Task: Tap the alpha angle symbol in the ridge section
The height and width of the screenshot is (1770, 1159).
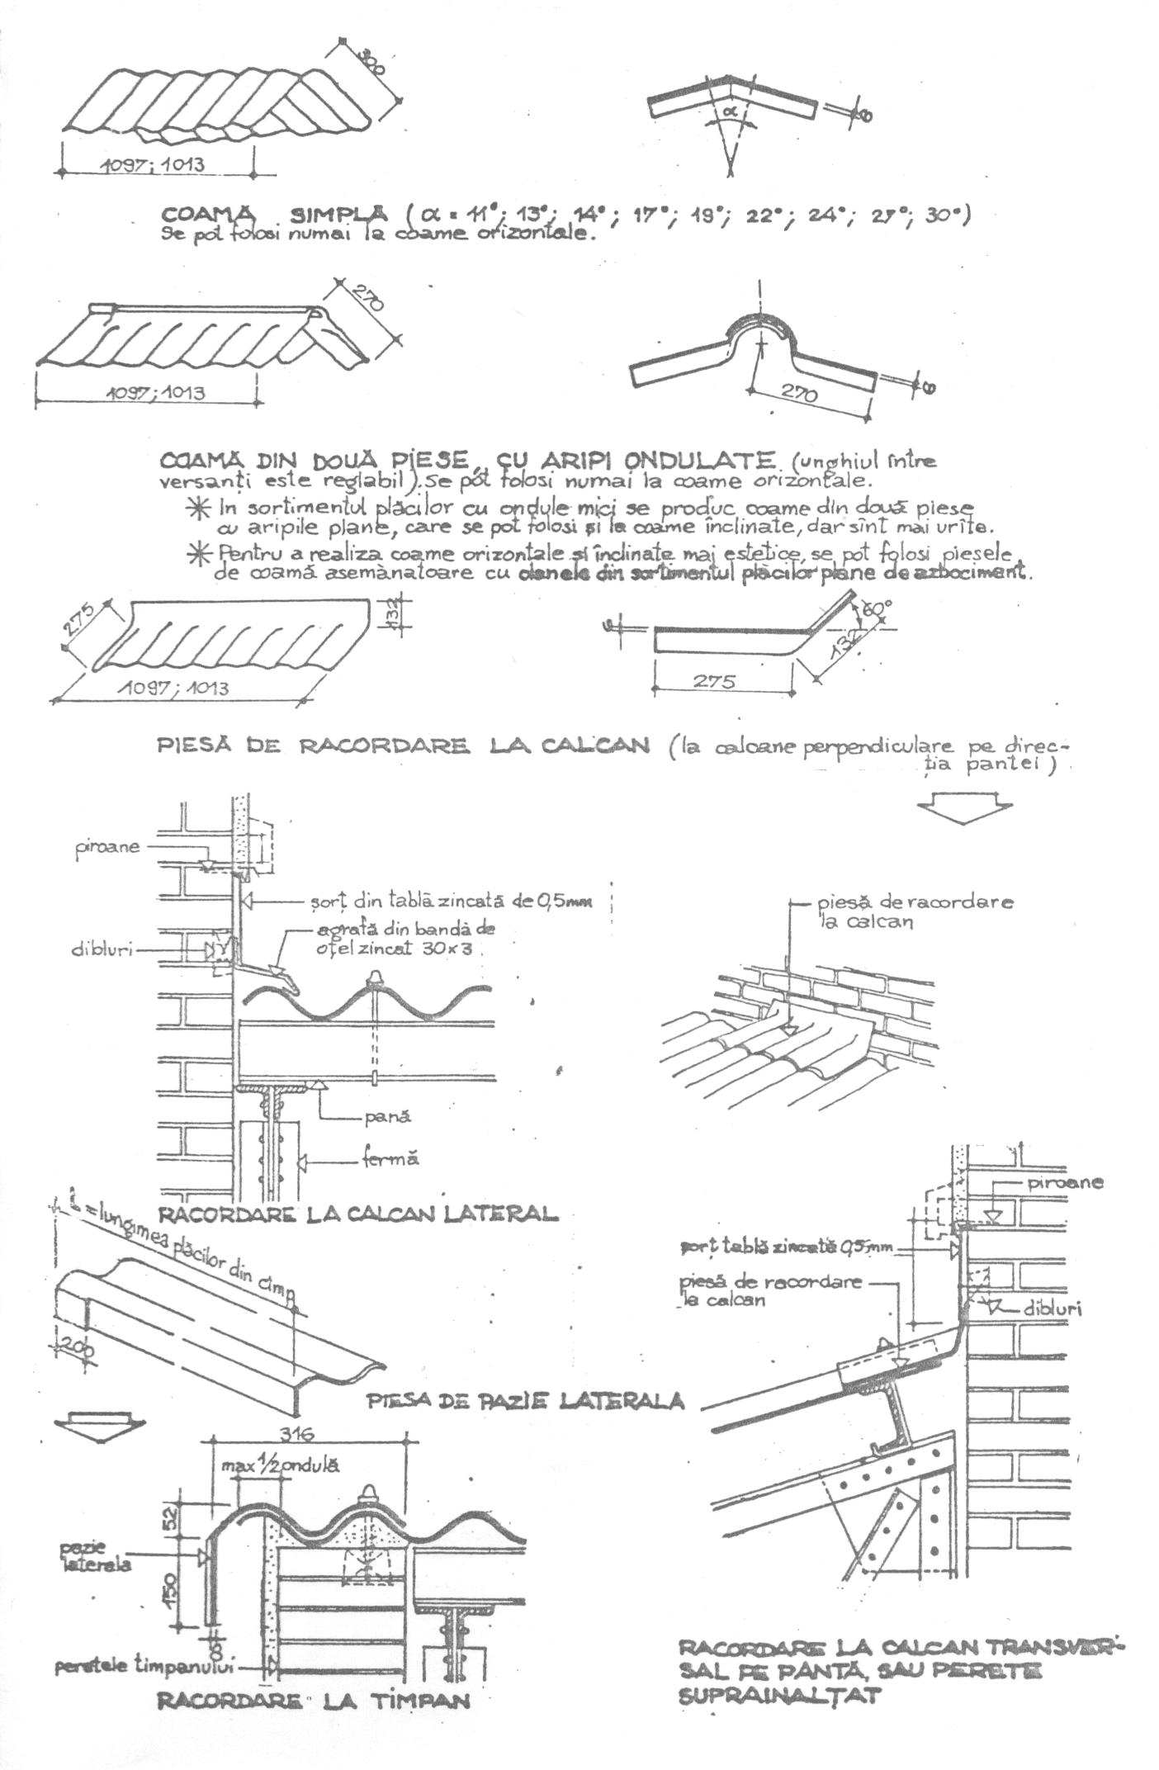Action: pyautogui.click(x=729, y=108)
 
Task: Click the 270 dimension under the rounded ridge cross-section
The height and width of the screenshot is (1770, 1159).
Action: pyautogui.click(x=797, y=394)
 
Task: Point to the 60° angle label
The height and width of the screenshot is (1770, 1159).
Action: pyautogui.click(x=877, y=609)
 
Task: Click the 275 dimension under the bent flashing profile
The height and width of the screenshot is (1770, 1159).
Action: pyautogui.click(x=714, y=682)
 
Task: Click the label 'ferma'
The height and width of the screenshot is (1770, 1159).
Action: pyautogui.click(x=390, y=1159)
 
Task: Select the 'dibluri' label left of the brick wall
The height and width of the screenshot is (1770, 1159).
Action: pyautogui.click(x=101, y=949)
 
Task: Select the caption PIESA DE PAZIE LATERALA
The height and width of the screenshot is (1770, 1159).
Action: pyautogui.click(x=525, y=1400)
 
